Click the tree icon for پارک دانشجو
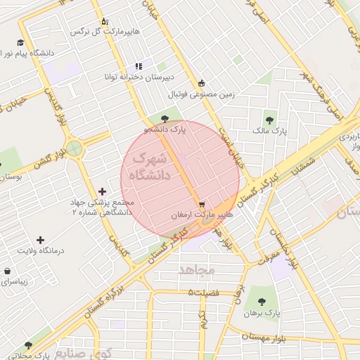(x=165, y=119)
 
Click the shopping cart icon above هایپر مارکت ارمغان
(x=202, y=204)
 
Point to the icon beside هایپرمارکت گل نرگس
(x=105, y=21)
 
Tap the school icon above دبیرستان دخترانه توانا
(x=139, y=66)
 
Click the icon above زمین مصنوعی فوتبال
(x=202, y=83)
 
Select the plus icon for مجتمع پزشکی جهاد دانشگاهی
(x=103, y=191)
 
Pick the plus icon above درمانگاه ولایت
(x=40, y=240)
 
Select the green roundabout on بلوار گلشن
(x=74, y=148)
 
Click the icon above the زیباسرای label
(x=8, y=271)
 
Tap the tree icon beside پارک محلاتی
(x=28, y=346)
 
